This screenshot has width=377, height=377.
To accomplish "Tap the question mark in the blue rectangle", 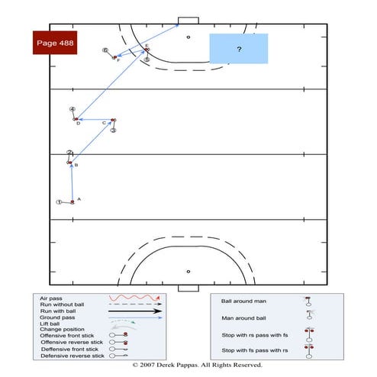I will [239, 49].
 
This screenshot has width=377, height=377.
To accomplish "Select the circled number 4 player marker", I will [72, 109].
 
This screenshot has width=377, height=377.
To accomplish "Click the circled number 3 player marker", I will [113, 130].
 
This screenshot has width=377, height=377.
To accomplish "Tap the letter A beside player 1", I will [79, 198].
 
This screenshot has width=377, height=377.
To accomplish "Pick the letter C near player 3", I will [104, 122].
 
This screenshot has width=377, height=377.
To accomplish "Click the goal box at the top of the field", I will [188, 21].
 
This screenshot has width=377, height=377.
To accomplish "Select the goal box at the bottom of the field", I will [188, 288].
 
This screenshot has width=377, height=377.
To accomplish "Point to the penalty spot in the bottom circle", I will [188, 271].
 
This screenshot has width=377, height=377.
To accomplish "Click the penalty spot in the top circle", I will [188, 37].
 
